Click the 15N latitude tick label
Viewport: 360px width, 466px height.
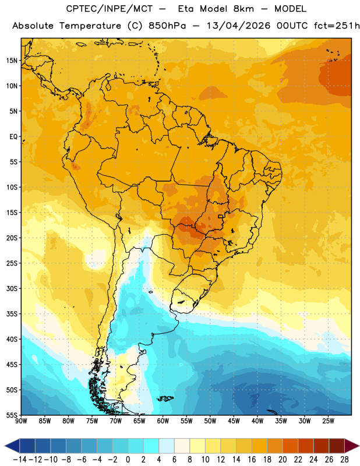(12, 61)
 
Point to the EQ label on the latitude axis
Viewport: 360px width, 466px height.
(13, 137)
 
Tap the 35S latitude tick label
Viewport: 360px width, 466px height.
(12, 314)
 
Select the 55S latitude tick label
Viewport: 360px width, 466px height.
(12, 415)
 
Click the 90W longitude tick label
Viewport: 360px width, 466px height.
(21, 421)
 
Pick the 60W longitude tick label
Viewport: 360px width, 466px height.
(163, 421)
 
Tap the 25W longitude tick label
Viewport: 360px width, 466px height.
(328, 421)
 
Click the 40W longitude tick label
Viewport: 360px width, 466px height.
(257, 421)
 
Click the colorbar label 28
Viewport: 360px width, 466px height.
(344, 460)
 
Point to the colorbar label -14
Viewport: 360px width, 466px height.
(20, 460)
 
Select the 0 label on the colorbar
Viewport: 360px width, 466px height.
(128, 460)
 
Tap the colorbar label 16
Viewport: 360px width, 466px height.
(252, 460)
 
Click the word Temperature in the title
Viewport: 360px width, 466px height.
(90, 26)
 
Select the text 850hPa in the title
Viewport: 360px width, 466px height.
(167, 26)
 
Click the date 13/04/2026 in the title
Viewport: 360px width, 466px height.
(238, 26)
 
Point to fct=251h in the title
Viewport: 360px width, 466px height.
(337, 26)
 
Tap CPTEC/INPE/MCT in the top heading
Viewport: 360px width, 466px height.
(109, 9)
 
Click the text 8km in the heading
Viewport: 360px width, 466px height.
(243, 9)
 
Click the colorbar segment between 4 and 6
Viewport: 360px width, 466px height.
(167, 446)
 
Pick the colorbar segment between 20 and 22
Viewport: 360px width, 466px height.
(290, 446)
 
